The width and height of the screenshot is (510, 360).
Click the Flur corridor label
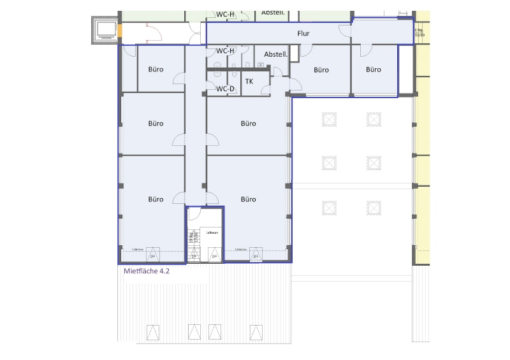pos(303,32)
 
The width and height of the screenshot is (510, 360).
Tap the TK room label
pos(249,82)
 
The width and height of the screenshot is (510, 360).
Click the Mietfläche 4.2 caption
pos(145,270)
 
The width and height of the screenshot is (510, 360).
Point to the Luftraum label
pos(212,233)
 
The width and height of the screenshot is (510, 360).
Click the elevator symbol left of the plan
pos(104,29)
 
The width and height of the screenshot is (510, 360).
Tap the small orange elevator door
pos(119,30)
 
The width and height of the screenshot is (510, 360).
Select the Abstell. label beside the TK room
pos(276,55)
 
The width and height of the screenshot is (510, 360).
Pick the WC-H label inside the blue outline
pos(226,50)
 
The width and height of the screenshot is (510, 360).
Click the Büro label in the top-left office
pos(156,70)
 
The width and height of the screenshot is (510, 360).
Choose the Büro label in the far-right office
pos(373,70)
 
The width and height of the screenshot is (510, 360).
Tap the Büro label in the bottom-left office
pos(156,199)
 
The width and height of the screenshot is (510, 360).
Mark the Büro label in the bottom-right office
pos(248,199)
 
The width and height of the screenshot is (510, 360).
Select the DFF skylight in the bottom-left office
pos(152,256)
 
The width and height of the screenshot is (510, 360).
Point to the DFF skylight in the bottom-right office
pos(256,256)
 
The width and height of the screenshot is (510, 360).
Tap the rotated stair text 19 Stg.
pos(191,238)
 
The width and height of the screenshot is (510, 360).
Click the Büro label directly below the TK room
pos(248,124)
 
